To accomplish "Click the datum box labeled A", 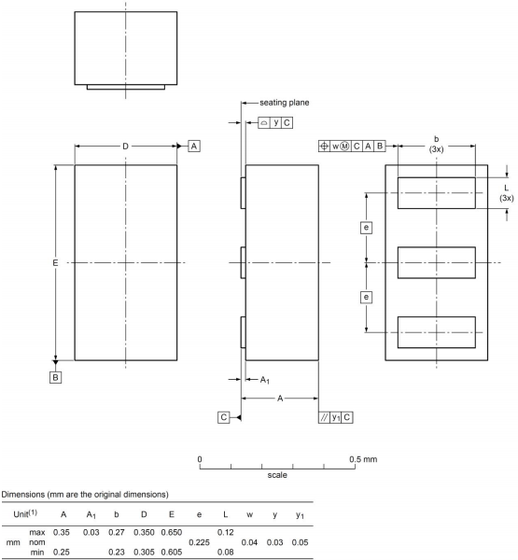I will (194, 146).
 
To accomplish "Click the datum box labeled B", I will (56, 377).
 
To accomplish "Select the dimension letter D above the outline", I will (126, 146).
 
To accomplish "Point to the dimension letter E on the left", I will (56, 264).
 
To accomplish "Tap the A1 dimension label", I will (264, 379).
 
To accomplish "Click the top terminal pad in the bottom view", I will (436, 193).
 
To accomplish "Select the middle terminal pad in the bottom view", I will (436, 262).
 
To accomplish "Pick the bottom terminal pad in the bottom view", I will (436, 331).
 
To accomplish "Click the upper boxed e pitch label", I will (367, 228).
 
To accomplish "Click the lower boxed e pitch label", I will (367, 297).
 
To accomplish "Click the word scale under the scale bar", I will (277, 474).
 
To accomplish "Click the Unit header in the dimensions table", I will (27, 512).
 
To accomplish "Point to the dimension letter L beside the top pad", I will (506, 188).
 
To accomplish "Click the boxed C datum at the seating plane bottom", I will (225, 416).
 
